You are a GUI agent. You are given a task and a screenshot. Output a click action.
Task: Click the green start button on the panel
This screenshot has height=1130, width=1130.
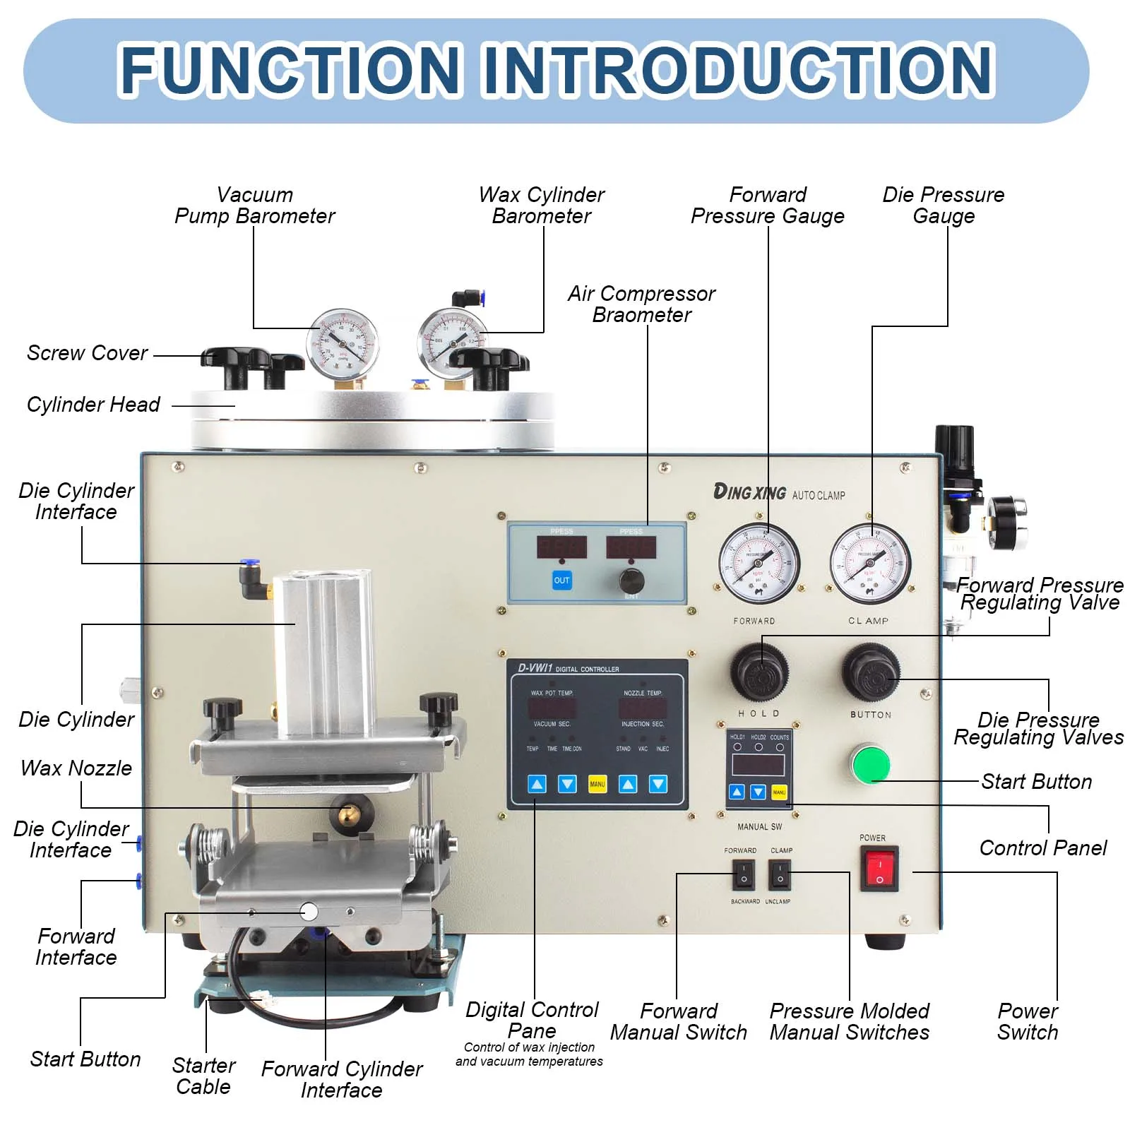coord(869,763)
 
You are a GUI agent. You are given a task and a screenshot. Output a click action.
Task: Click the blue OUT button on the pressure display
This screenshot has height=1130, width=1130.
coord(561,580)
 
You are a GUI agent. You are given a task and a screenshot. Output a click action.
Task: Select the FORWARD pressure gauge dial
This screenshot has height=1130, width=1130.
coord(759,563)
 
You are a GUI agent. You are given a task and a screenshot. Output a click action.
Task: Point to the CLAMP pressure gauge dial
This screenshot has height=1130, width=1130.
coord(870,563)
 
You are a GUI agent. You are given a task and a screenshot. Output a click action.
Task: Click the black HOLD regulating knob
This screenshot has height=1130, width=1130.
coord(759,673)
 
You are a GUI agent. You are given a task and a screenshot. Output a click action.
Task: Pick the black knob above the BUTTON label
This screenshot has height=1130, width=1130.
coord(871,672)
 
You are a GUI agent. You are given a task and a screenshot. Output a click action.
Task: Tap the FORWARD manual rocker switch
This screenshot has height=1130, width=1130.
coord(743,874)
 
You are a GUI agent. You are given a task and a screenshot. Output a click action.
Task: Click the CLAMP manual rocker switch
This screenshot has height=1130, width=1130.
coord(780,874)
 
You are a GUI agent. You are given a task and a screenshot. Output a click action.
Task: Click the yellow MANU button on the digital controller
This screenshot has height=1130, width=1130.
coord(597,784)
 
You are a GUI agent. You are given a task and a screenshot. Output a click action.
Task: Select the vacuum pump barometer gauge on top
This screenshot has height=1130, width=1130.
coord(343,343)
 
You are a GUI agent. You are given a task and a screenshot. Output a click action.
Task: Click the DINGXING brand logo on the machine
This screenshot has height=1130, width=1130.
coord(749,492)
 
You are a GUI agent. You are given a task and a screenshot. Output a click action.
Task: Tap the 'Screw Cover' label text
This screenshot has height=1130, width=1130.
coord(87,352)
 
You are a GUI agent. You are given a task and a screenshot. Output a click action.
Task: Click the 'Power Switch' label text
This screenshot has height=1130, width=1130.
coord(1028,1021)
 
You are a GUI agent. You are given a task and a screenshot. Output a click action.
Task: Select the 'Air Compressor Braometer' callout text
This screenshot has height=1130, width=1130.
coord(641,304)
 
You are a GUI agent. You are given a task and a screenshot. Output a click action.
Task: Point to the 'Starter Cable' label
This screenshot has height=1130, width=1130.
coord(203,1076)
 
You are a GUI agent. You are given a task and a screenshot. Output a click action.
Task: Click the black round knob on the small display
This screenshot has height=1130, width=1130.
coord(631,581)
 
